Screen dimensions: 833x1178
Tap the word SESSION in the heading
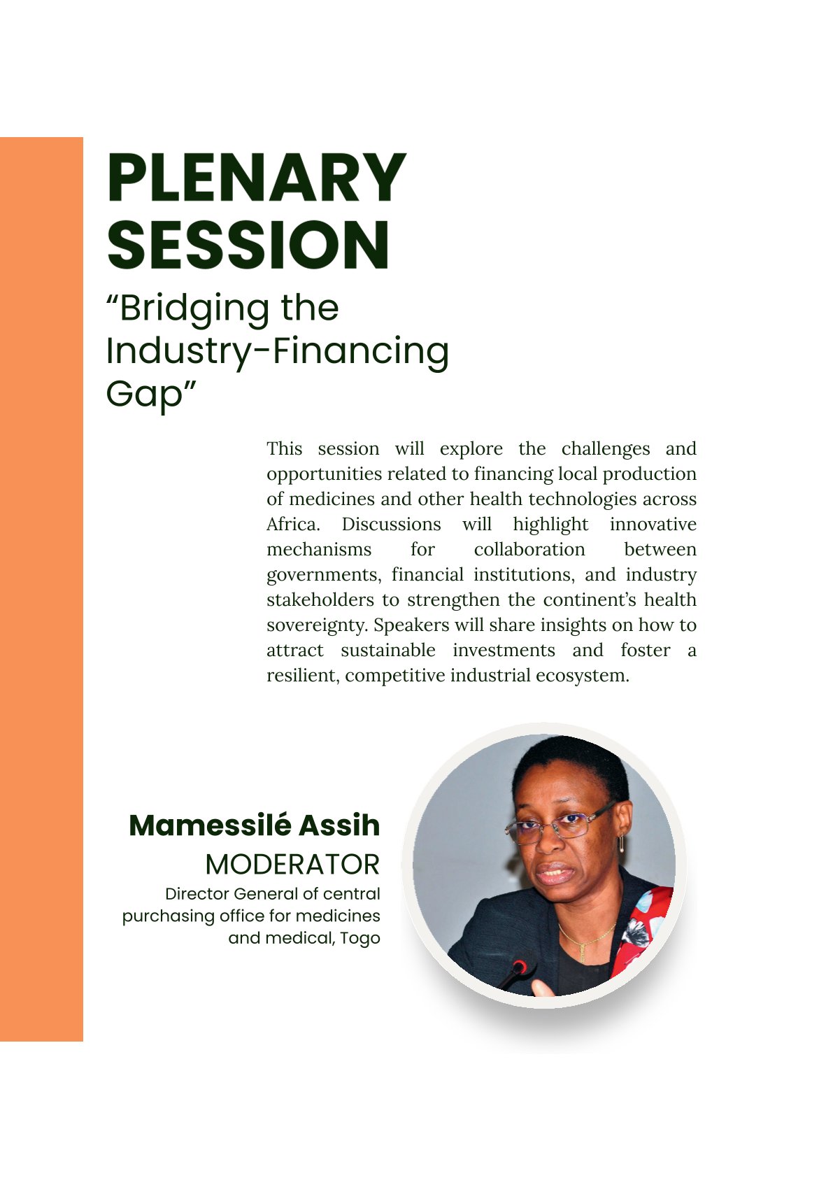click(248, 245)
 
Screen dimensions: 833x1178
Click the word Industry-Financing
click(277, 350)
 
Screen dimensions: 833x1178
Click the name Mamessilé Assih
click(254, 825)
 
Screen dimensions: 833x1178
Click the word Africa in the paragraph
click(293, 525)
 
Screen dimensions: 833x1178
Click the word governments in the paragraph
click(323, 575)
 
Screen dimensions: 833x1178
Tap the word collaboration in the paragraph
click(529, 549)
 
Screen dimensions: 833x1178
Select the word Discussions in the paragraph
click(391, 525)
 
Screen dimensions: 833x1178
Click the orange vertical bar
click(41, 589)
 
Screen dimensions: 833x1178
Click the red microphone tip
click(520, 966)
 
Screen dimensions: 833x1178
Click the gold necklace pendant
click(582, 950)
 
